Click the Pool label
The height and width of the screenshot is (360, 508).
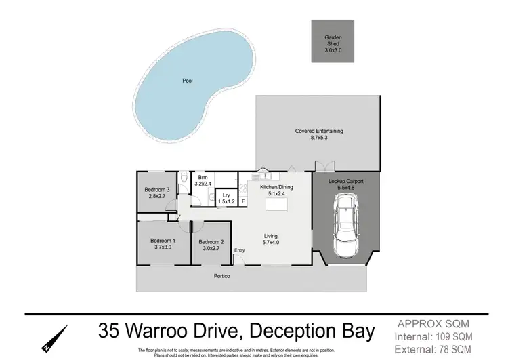pos(188,81)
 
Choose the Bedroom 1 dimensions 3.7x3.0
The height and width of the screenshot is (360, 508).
pos(163,247)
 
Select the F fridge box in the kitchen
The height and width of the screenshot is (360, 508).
pos(243,201)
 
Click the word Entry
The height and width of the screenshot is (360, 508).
pos(239,251)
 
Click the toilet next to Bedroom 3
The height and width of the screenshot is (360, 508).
pos(184,178)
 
